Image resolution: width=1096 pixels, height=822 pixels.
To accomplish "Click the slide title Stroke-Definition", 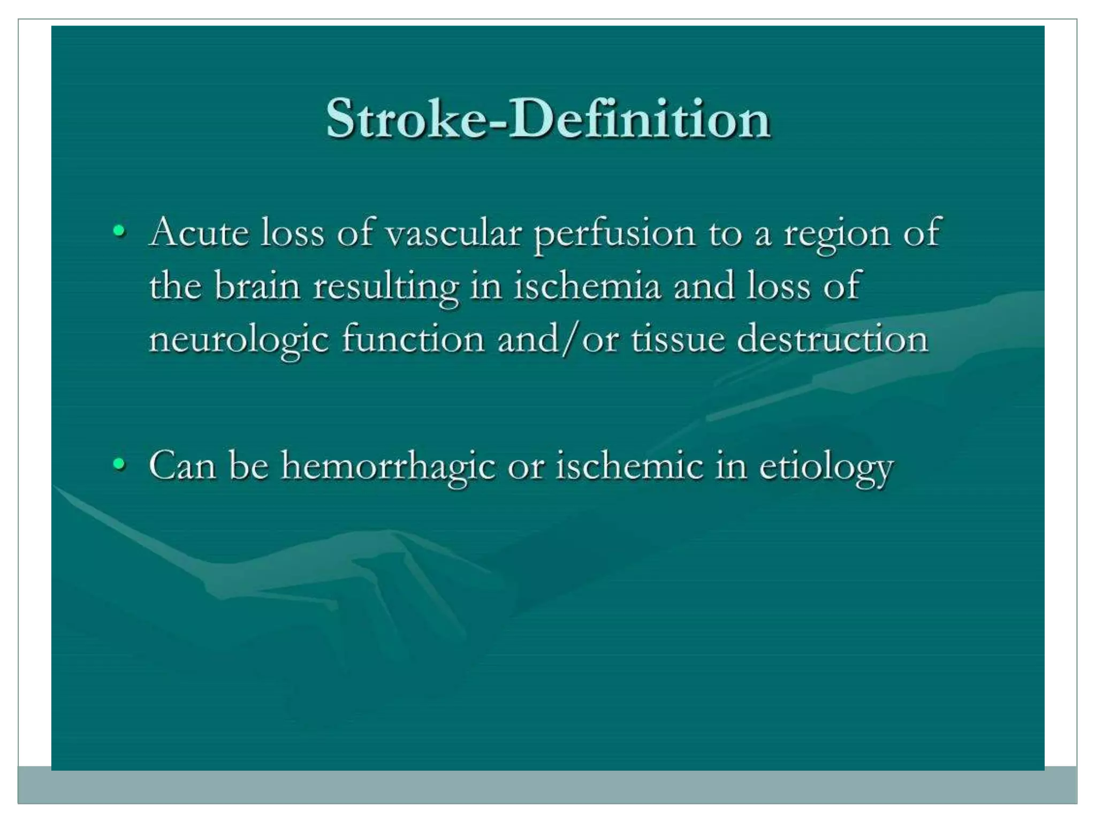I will (x=548, y=119).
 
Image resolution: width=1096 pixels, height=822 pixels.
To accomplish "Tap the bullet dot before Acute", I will (x=119, y=232).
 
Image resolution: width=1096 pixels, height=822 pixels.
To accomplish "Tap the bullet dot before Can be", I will (x=119, y=465).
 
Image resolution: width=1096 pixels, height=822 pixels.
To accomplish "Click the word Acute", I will (x=200, y=233).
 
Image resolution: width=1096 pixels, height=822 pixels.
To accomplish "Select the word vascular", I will (x=453, y=234).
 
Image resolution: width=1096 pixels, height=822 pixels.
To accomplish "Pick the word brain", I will (x=257, y=286).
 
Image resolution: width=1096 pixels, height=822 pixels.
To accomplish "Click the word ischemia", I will (x=587, y=286).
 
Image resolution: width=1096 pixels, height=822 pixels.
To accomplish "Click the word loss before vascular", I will (x=292, y=233).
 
